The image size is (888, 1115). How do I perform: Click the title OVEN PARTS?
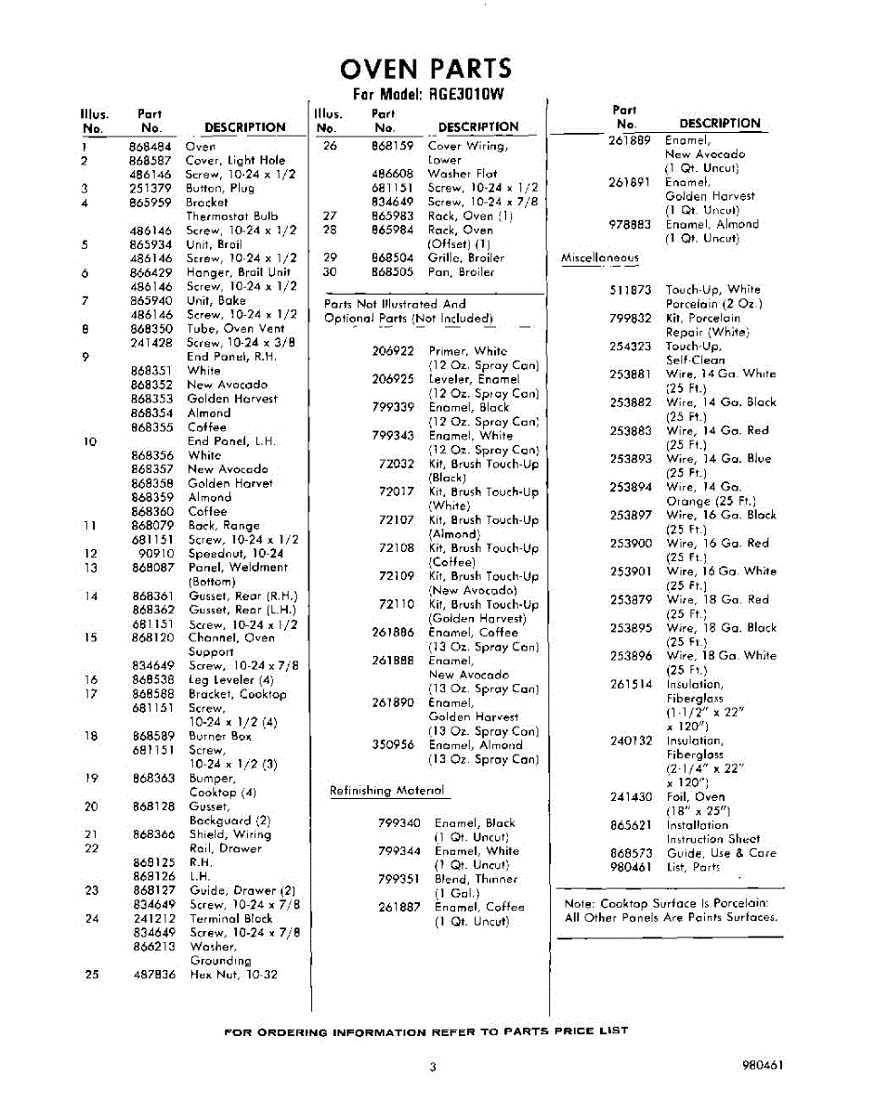(426, 69)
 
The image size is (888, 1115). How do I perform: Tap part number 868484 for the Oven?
(150, 146)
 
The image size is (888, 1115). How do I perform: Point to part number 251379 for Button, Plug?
(150, 189)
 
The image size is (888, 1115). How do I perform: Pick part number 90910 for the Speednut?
(154, 554)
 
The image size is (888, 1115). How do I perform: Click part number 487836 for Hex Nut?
(153, 975)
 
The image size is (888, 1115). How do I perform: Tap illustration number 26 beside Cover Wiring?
(329, 146)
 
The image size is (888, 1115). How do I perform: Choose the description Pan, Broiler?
(461, 272)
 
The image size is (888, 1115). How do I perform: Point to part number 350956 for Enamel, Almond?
(393, 745)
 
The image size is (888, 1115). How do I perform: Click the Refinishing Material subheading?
(387, 791)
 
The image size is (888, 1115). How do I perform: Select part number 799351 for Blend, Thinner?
(399, 879)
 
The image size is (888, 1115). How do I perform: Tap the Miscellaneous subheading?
(600, 258)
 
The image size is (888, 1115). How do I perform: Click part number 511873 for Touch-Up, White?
(631, 290)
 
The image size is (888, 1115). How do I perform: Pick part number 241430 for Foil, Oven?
(631, 797)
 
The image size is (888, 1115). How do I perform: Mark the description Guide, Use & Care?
(721, 853)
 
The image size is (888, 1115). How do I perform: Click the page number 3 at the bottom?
(432, 1068)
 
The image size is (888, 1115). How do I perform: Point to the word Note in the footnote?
(580, 903)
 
